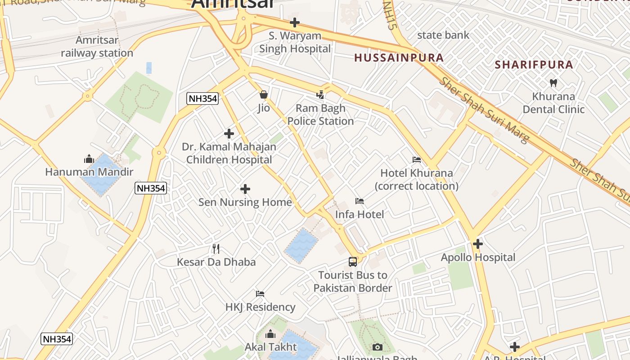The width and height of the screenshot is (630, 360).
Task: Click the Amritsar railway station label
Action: (x=97, y=46)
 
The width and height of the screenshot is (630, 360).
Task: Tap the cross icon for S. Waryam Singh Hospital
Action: (x=295, y=22)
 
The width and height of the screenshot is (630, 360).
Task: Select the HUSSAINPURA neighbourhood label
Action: (x=399, y=58)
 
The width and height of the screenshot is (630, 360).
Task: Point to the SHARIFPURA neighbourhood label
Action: (x=534, y=64)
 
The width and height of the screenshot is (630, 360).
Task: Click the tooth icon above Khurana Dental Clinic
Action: (x=553, y=83)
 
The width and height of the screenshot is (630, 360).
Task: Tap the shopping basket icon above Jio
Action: (x=264, y=94)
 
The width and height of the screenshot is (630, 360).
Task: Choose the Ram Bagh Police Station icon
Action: (x=320, y=95)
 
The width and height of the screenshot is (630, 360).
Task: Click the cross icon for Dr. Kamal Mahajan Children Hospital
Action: (x=229, y=134)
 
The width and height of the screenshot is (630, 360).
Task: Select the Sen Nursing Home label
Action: (x=245, y=202)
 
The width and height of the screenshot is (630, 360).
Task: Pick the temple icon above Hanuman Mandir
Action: (x=89, y=159)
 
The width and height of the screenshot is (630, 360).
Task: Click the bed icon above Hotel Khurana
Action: (x=417, y=160)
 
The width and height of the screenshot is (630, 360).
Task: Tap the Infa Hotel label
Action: (x=360, y=215)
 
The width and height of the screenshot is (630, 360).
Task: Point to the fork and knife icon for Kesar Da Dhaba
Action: (x=216, y=249)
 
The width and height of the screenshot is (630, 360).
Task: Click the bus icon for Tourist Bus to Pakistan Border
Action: (x=353, y=262)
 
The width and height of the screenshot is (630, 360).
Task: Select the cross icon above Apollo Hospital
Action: (x=478, y=244)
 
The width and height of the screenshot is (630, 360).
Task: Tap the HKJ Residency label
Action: (x=260, y=307)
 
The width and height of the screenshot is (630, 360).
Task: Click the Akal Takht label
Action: (x=270, y=347)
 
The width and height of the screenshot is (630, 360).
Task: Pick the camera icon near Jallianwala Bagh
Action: (x=378, y=347)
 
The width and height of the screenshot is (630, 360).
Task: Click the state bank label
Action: (x=443, y=35)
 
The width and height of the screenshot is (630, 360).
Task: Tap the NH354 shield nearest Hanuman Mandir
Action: (x=151, y=188)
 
